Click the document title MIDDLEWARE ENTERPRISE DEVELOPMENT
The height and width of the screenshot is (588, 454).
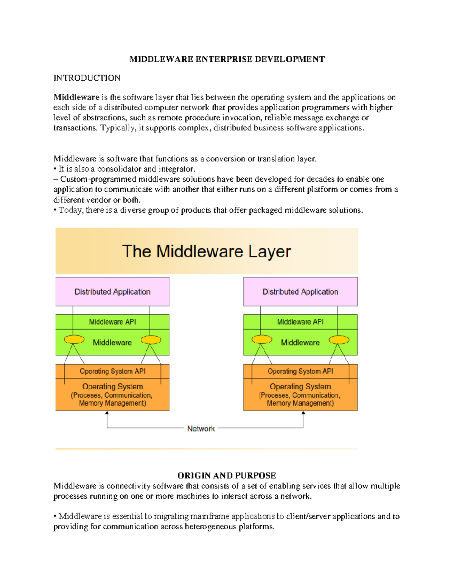(227, 59)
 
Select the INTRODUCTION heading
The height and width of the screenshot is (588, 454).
(87, 78)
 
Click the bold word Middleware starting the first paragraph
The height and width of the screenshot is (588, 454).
(76, 97)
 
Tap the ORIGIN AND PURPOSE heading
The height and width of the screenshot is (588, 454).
(227, 476)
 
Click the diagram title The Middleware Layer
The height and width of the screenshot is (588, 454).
(207, 251)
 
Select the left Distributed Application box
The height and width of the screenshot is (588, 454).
(112, 292)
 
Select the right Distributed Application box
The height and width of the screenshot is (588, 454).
(300, 292)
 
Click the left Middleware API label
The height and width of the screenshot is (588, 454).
(112, 322)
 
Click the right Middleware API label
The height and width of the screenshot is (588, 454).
(300, 322)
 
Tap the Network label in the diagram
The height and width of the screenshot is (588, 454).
(201, 429)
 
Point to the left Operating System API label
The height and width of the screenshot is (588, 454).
(112, 371)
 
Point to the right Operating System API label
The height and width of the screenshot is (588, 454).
(300, 371)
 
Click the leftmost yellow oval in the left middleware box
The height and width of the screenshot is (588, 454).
(74, 339)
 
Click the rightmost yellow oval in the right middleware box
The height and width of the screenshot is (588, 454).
(339, 340)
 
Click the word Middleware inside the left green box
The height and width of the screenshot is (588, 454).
(112, 343)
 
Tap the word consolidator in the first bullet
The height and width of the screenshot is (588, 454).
(119, 169)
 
